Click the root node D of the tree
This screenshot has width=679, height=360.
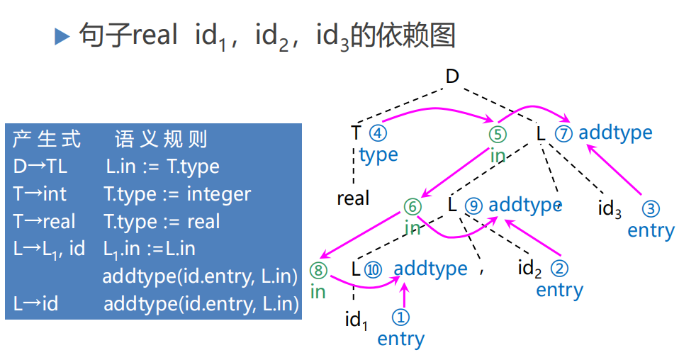[x=452, y=76]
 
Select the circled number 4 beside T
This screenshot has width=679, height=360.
[x=378, y=133]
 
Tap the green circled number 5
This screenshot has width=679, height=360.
[x=498, y=134]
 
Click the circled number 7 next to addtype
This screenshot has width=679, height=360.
[x=563, y=133]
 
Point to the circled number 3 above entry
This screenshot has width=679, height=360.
[x=651, y=210]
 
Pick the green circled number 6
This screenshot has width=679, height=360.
[x=413, y=206]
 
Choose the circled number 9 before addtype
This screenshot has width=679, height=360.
[x=474, y=206]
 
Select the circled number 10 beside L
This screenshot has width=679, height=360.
[x=373, y=269]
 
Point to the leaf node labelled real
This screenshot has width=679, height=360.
[x=353, y=198]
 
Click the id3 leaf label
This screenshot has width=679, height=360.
[x=610, y=209]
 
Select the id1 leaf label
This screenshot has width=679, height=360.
[x=357, y=320]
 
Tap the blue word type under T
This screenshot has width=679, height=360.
[x=378, y=155]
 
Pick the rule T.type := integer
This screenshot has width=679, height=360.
[x=177, y=194]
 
